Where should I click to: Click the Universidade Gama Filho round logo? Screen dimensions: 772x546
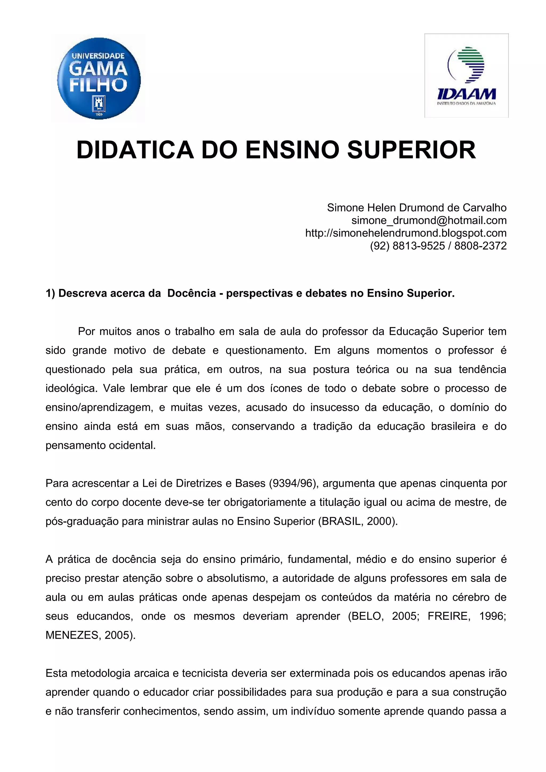pos(99,78)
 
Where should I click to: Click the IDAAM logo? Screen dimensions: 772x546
pos(466,76)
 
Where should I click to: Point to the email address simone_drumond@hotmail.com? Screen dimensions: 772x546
pos(429,221)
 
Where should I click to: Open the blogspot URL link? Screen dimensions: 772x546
pos(406,233)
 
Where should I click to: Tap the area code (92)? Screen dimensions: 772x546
pos(380,246)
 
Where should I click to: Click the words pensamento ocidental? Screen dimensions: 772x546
pos(101,446)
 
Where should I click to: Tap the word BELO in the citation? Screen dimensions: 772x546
pos(366,616)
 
